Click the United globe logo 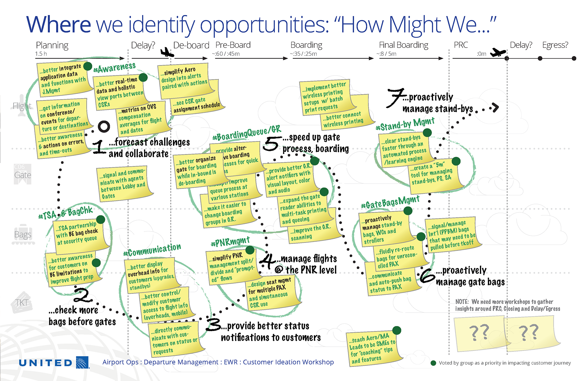click(82, 362)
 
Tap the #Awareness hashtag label click(115, 67)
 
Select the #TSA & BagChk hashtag click(66, 213)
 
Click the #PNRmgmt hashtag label click(230, 242)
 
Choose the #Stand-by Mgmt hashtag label click(405, 124)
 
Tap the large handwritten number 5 click(271, 144)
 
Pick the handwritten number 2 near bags click(83, 295)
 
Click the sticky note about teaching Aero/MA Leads click(374, 348)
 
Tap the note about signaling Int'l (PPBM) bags click(452, 235)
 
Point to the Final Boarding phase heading click(404, 45)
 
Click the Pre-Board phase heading click(233, 45)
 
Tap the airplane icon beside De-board click(167, 52)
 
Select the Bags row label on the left click(23, 235)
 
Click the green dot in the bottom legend click(433, 363)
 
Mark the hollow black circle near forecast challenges click(104, 126)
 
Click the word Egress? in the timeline click(555, 45)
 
